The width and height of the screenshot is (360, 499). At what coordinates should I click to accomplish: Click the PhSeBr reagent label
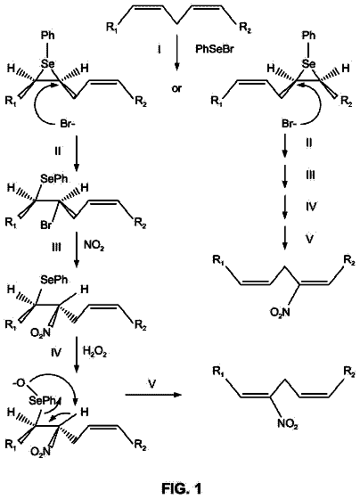pos(214,50)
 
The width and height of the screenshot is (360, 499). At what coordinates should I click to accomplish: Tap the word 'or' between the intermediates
pos(176,88)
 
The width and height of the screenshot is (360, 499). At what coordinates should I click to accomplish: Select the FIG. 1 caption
pos(182,487)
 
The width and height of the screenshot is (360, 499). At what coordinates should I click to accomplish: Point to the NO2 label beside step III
pos(94,246)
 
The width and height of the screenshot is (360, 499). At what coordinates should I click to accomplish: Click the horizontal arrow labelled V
pos(152,395)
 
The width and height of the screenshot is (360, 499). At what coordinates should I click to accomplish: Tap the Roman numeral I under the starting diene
pos(159,50)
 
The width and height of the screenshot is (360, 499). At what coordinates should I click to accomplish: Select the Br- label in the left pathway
pos(68,124)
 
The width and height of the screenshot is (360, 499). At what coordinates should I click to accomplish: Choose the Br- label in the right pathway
pos(289,124)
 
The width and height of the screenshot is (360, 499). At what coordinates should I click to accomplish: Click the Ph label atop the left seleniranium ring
pos(48,36)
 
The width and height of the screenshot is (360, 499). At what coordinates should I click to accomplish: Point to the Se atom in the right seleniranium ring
pos(307,64)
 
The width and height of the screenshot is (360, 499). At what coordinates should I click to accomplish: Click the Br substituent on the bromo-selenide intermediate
pos(45,225)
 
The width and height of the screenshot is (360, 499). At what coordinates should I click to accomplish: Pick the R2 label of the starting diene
pos(245,28)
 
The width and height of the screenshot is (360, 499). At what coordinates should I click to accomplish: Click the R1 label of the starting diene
pos(112,28)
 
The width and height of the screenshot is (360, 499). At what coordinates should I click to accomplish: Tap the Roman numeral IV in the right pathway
pos(311,207)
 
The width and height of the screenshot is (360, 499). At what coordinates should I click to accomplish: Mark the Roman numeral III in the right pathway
pos(310,176)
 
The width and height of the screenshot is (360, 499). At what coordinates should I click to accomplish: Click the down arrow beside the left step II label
pos(77,152)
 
